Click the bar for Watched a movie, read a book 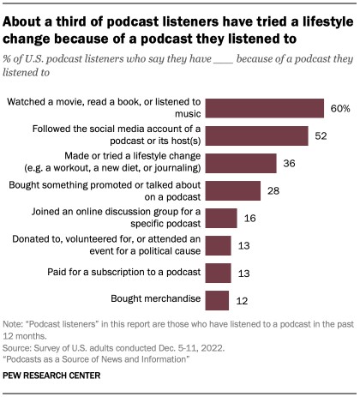coord(265,109)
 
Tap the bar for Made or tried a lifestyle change coord(242,164)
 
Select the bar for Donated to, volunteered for coord(219,246)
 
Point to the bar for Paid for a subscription coord(219,274)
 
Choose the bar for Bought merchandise coord(218,300)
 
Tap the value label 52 coord(320,136)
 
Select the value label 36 coord(289,164)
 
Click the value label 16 coord(249,219)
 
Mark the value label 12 coord(241,300)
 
